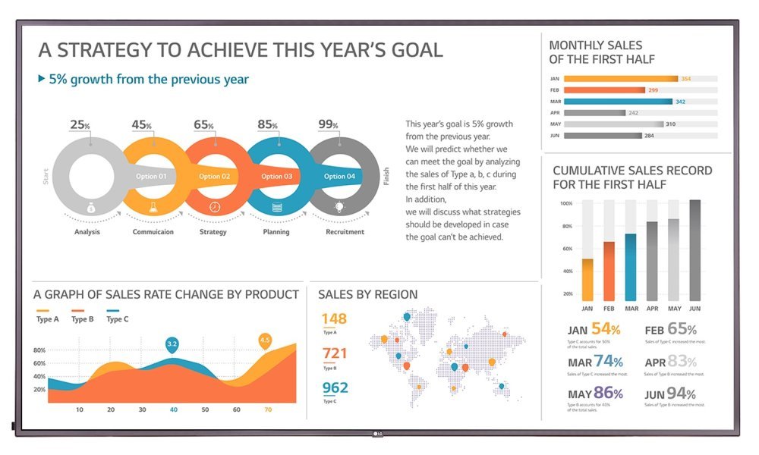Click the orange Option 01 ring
151,176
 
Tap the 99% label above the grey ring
328,124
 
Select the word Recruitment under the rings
345,232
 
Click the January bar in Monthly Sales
621,78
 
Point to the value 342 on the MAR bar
680,102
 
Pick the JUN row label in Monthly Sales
555,136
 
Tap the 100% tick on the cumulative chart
566,203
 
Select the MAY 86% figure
596,394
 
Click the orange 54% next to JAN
606,329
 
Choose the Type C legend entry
117,318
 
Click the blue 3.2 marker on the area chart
172,345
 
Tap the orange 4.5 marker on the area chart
265,340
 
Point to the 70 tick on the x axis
268,409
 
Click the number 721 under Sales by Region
335,353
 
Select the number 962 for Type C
335,388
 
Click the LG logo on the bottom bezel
376,434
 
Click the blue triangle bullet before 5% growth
41,78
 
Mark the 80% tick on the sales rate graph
39,350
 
